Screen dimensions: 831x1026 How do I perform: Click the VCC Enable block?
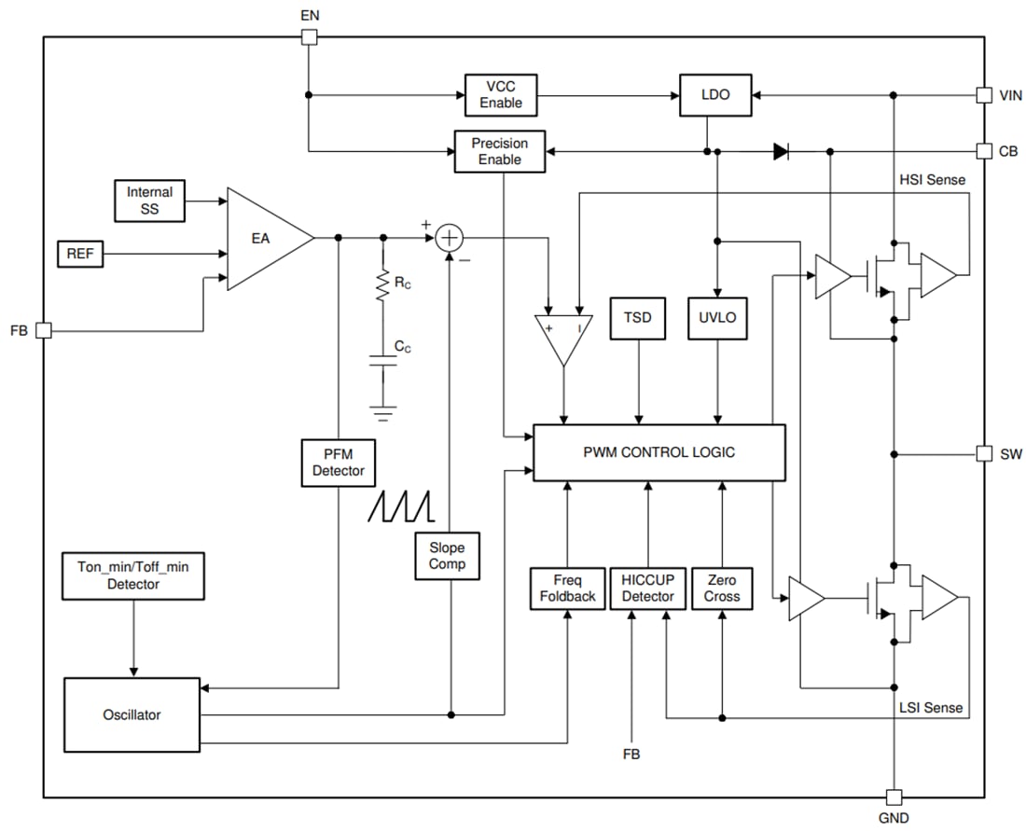pyautogui.click(x=501, y=94)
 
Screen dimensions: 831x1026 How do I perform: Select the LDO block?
pyautogui.click(x=715, y=95)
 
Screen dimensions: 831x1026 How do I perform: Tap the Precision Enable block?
pyautogui.click(x=499, y=151)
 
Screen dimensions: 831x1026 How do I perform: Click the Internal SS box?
pyautogui.click(x=149, y=201)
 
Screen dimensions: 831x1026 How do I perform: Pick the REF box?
pyautogui.click(x=80, y=253)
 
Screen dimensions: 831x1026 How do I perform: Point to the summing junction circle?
pyautogui.click(x=450, y=238)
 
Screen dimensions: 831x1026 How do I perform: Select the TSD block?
pyautogui.click(x=638, y=317)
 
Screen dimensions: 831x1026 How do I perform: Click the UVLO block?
pyautogui.click(x=717, y=317)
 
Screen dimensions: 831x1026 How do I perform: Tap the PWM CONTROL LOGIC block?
pyautogui.click(x=659, y=452)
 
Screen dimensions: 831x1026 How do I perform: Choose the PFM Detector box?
pyautogui.click(x=338, y=463)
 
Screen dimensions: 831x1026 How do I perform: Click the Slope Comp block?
pyautogui.click(x=447, y=556)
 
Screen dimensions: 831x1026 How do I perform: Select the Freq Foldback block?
pyautogui.click(x=567, y=589)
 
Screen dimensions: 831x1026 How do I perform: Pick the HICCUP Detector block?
pyautogui.click(x=647, y=589)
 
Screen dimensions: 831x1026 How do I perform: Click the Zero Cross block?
pyautogui.click(x=722, y=589)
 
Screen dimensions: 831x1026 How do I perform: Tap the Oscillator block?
pyautogui.click(x=132, y=715)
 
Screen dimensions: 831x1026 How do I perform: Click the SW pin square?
pyautogui.click(x=983, y=453)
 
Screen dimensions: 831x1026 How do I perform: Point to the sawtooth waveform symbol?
pyautogui.click(x=402, y=505)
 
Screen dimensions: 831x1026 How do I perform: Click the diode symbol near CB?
pyautogui.click(x=782, y=151)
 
